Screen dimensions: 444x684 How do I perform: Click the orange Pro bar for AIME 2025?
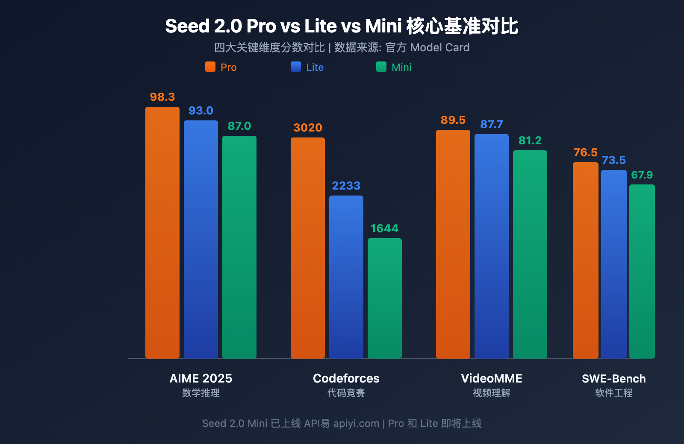(x=162, y=233)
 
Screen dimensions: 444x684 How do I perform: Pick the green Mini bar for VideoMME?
(x=530, y=254)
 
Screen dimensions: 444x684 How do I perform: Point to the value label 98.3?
(x=162, y=97)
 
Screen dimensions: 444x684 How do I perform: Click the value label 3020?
(x=308, y=128)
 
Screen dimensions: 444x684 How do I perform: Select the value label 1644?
(x=385, y=228)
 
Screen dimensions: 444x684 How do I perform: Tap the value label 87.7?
(x=492, y=124)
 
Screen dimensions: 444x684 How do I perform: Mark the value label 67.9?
(x=642, y=175)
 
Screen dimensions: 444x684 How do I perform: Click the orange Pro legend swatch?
(x=210, y=67)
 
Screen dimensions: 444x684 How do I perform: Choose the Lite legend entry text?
(x=315, y=67)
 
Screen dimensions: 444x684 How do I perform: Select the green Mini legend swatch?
(x=381, y=67)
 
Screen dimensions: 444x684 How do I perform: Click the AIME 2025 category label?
(x=201, y=378)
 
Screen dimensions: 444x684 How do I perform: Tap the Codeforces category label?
(x=346, y=378)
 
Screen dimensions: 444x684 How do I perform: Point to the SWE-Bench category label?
(x=614, y=378)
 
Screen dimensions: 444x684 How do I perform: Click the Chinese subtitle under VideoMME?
(x=492, y=393)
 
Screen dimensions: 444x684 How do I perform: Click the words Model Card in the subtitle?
(x=440, y=47)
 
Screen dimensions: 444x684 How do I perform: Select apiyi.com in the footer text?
(x=356, y=424)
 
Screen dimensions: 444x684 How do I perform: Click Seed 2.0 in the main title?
(x=204, y=26)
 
